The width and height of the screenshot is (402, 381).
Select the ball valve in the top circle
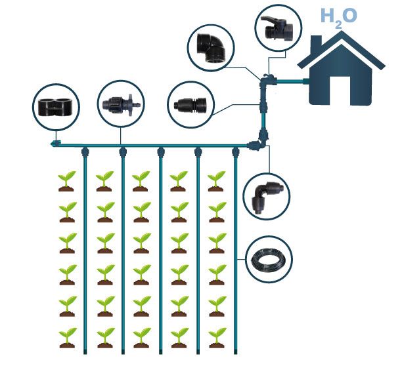point(277,27)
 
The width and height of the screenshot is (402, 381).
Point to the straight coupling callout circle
point(192,104)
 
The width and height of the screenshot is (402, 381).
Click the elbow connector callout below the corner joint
point(267,195)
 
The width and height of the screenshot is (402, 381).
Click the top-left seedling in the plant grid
point(66,181)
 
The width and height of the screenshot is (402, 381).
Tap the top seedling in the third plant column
point(141,181)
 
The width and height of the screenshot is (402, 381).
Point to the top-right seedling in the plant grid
point(216,181)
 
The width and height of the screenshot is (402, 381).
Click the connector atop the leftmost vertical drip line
point(85,153)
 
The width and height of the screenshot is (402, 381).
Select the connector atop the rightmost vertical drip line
point(236,153)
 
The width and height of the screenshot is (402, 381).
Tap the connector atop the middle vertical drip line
point(160,153)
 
